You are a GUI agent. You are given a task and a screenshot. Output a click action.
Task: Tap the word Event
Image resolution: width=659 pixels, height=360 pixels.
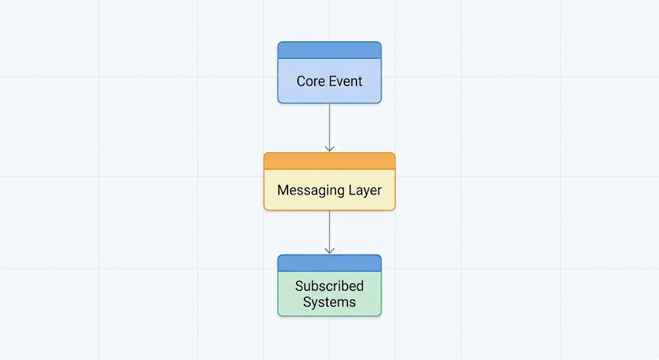346,81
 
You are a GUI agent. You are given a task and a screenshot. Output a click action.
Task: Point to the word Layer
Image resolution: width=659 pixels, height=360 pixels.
366,191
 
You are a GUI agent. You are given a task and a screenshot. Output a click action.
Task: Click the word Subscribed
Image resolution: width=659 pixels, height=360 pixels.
329,286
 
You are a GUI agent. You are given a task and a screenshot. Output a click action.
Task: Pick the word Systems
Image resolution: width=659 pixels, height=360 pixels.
329,302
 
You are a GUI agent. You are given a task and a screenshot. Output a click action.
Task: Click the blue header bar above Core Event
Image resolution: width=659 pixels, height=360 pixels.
329,50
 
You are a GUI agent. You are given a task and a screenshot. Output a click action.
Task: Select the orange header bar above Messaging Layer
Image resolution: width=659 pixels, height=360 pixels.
329,161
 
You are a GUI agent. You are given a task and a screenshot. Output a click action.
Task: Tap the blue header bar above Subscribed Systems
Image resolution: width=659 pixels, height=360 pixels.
329,263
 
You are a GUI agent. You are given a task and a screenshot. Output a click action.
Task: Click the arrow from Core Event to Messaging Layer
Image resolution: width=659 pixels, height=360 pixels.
329,128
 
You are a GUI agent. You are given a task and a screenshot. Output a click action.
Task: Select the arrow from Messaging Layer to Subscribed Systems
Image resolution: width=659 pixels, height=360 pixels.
329,232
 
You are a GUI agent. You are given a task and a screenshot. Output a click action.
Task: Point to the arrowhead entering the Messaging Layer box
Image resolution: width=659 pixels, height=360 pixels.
329,149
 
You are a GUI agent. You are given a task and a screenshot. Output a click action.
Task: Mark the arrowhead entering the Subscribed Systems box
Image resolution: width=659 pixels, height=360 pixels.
329,251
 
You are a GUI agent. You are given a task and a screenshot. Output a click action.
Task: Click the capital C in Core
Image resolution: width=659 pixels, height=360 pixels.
301,81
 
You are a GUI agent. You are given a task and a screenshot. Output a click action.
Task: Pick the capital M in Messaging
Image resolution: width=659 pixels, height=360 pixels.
283,190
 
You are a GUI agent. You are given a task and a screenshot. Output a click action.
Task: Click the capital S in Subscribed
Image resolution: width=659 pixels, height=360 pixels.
299,286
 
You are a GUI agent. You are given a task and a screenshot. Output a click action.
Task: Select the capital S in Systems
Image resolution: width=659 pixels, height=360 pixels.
307,302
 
